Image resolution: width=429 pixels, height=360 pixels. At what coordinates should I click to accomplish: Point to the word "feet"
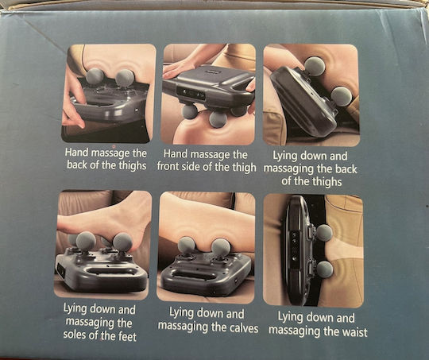coord(126,336)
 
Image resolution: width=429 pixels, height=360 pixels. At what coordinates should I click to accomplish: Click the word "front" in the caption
coord(168,166)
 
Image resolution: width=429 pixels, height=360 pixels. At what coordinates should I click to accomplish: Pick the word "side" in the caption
coord(191,167)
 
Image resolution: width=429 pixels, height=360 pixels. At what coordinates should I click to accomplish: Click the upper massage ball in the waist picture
coord(324,233)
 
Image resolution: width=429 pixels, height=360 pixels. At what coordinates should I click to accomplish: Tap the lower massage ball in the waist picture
coord(324,269)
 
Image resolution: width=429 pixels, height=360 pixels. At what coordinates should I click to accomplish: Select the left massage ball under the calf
coord(187,245)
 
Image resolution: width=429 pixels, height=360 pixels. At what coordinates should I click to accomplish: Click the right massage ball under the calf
coord(221,248)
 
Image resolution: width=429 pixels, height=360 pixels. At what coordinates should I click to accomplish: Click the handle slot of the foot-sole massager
coord(110,272)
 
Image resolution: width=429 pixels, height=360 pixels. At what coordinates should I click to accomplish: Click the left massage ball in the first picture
coord(95,76)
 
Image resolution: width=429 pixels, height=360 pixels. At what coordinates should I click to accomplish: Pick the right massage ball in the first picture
coord(125,79)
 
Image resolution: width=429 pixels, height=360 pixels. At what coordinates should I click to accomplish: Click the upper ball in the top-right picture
coord(315,67)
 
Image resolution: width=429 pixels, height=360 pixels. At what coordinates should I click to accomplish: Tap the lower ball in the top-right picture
coord(342,96)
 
